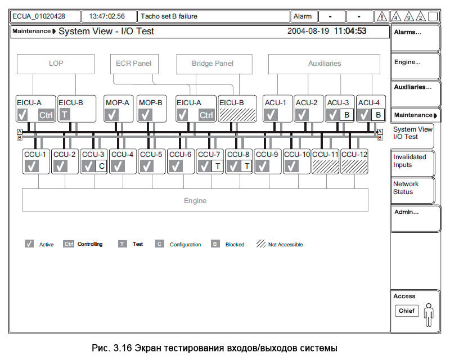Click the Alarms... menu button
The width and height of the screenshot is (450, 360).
coord(415,38)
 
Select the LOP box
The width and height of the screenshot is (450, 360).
coord(56,64)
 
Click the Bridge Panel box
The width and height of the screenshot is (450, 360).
coord(213,64)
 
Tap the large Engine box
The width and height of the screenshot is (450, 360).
coord(195,200)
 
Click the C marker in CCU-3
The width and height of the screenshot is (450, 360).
coord(101,166)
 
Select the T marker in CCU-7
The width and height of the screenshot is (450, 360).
coord(217,166)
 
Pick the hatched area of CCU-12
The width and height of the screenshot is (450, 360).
coord(355,166)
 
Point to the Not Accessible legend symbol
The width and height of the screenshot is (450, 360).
coord(261,244)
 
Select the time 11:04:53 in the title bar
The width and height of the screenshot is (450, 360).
coord(350,31)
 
